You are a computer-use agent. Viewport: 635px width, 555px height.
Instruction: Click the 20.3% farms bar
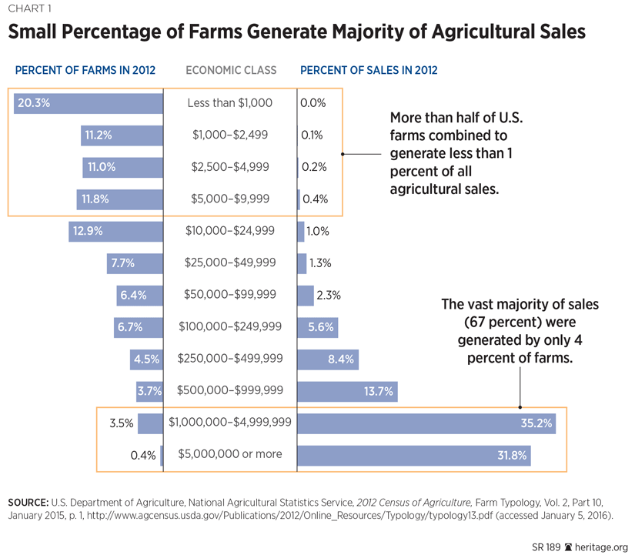(x=89, y=102)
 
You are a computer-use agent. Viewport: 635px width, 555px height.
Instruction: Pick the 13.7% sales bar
(x=347, y=391)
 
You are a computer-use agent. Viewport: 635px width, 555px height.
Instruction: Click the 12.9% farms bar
(x=115, y=230)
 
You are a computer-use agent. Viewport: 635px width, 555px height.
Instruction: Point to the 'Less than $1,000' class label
(x=230, y=102)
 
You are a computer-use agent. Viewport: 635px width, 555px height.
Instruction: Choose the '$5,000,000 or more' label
(x=230, y=454)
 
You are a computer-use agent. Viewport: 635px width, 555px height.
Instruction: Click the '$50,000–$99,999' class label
(x=230, y=295)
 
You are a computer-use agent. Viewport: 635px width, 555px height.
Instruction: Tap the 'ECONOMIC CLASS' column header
(x=231, y=70)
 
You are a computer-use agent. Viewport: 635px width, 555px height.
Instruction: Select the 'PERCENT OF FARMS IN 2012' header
(x=85, y=70)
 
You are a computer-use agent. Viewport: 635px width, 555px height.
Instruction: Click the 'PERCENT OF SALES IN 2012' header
(x=369, y=70)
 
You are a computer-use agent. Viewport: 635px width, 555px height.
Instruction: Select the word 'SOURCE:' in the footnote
(x=28, y=502)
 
